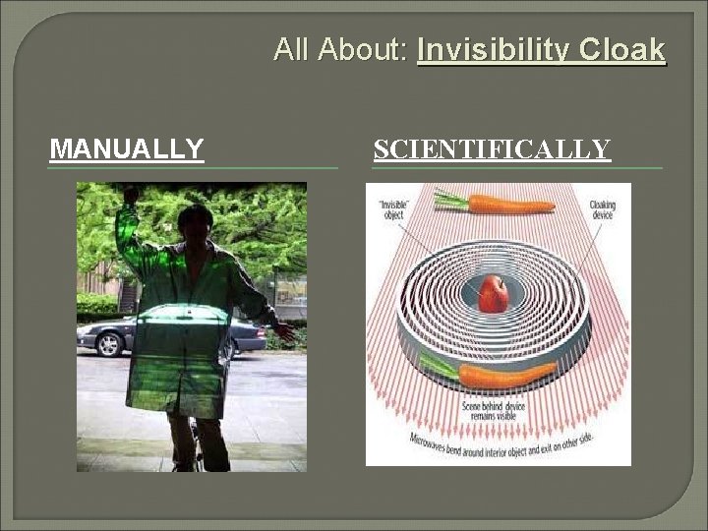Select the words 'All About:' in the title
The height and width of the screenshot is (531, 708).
click(x=341, y=49)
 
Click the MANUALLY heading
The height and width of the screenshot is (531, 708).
click(x=127, y=149)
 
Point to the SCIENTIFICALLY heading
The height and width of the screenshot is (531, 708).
click(x=492, y=149)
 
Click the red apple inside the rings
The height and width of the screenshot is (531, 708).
click(x=493, y=293)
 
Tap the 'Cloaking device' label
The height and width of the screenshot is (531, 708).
click(x=602, y=209)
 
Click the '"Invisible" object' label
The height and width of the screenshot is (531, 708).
click(x=392, y=209)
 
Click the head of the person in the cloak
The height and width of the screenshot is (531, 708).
click(x=196, y=222)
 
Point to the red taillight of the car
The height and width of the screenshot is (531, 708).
click(x=262, y=330)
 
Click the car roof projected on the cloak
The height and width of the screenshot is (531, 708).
click(x=187, y=313)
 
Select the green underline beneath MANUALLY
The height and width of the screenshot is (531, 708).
click(x=192, y=168)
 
